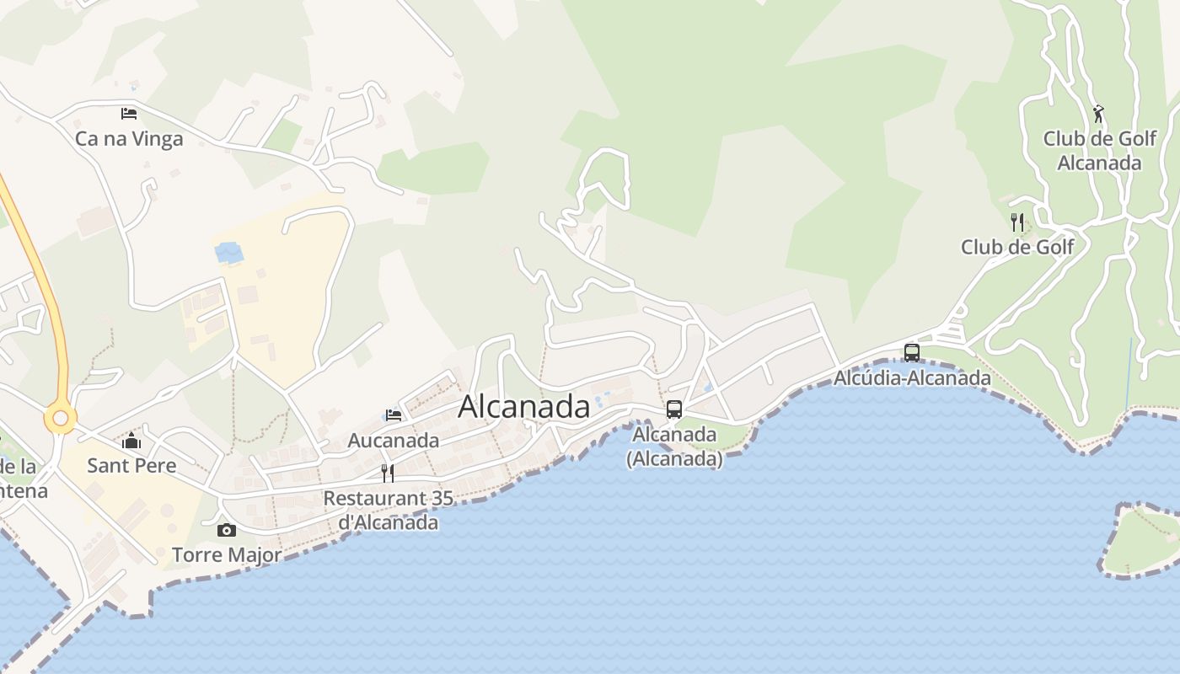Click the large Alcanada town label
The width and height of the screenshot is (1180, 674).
tap(523, 407)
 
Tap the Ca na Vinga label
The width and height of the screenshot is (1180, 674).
tap(129, 138)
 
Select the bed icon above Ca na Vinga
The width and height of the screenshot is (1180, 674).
tap(129, 113)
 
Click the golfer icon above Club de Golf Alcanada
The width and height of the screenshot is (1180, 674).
tap(1098, 114)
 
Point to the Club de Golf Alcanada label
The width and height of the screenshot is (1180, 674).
tap(1099, 150)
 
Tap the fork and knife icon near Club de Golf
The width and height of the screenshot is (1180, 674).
tap(1017, 222)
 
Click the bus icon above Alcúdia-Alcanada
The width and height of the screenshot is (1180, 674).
tap(911, 353)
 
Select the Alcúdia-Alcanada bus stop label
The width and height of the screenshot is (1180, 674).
tap(912, 377)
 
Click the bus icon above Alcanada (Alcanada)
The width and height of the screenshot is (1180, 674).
tap(674, 409)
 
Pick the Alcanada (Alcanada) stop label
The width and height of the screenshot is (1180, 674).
tap(674, 447)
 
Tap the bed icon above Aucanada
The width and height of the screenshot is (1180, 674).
tap(394, 415)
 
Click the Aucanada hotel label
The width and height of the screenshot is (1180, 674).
tap(394, 440)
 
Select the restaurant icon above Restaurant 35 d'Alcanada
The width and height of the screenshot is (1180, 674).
tap(388, 473)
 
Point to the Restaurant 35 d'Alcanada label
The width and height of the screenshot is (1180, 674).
tap(389, 510)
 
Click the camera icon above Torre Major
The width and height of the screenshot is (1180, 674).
tap(227, 530)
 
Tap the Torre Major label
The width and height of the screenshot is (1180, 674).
tap(227, 554)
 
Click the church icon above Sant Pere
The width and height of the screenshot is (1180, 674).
tap(131, 441)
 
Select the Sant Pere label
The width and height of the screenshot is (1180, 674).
tap(131, 465)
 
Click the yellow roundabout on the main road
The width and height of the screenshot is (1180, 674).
tap(61, 418)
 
